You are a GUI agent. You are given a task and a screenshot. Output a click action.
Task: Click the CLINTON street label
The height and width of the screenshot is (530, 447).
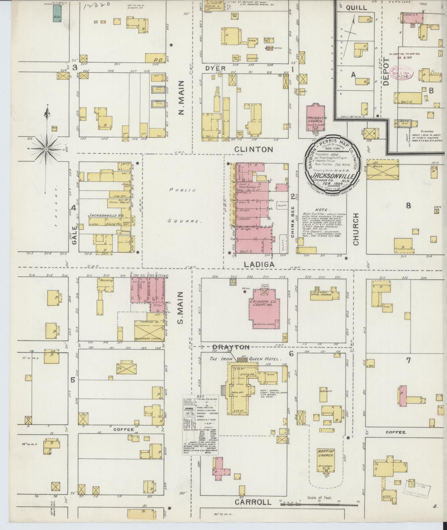coord(253,150)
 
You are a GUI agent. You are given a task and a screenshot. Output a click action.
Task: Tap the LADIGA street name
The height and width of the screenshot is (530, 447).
coord(259,264)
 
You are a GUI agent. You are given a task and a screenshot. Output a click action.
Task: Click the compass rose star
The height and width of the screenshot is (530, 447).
coord(46,149)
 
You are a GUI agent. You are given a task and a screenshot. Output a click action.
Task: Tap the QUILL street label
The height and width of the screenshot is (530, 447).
coord(356,8)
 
